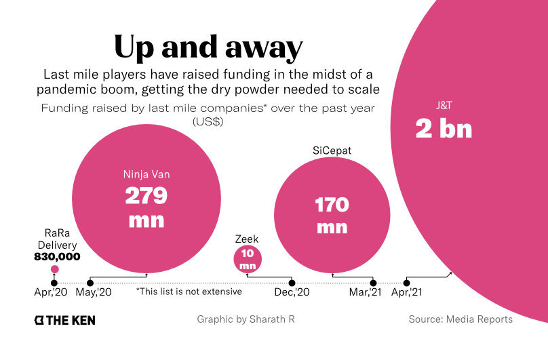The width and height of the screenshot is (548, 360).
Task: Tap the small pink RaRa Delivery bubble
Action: (x=54, y=270)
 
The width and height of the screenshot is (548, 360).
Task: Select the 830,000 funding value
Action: (x=57, y=257)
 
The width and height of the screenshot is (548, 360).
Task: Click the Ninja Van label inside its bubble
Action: (x=146, y=174)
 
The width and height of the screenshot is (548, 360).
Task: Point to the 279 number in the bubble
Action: (x=146, y=196)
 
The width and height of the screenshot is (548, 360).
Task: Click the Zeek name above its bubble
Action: (x=247, y=239)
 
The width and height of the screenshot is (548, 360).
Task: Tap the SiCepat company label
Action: (x=332, y=151)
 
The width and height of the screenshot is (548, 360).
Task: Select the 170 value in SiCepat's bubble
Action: (x=332, y=204)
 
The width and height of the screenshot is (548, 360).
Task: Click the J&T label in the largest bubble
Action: (x=444, y=106)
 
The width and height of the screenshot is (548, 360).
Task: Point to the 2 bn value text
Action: (x=444, y=129)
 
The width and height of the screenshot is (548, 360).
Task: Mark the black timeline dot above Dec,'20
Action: (x=292, y=282)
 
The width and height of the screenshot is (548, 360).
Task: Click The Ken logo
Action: (x=65, y=319)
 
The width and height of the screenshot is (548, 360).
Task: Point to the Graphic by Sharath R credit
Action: (x=246, y=319)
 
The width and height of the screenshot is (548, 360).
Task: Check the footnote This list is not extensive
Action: (x=189, y=292)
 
